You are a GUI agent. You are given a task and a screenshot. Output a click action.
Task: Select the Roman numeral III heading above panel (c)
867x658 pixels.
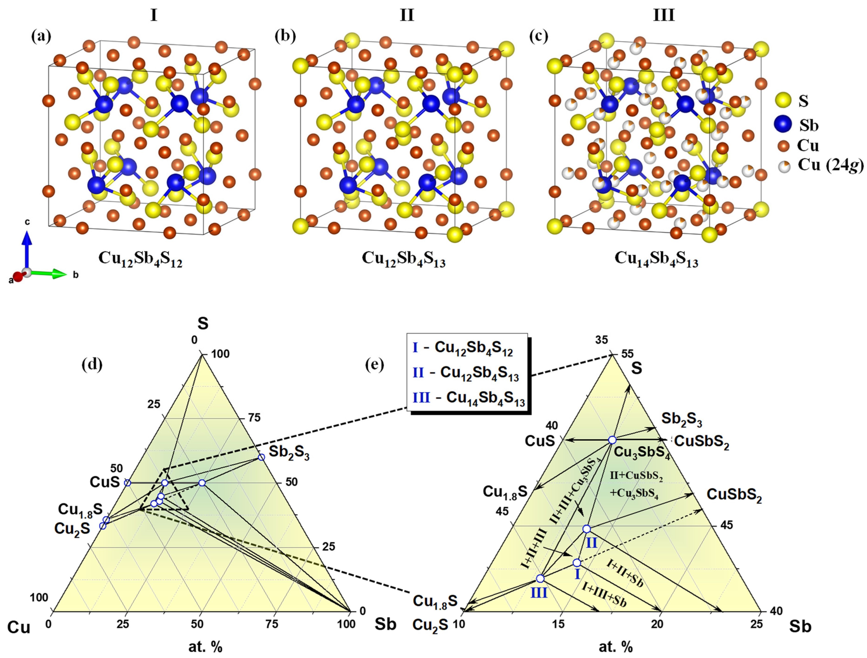click(663, 16)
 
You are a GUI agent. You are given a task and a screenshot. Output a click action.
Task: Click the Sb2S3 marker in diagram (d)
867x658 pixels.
click(261, 457)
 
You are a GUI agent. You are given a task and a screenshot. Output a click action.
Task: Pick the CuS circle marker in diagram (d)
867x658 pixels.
click(127, 483)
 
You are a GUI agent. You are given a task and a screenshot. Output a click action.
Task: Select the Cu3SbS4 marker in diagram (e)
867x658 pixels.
click(612, 440)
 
